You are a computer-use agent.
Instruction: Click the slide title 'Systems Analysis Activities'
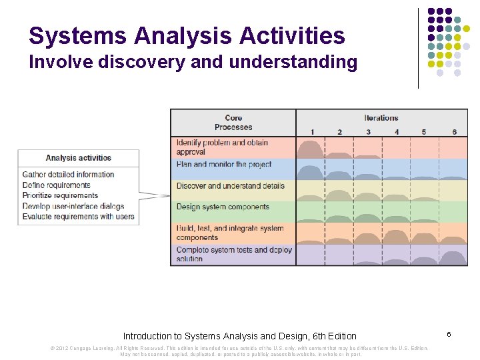[x=187, y=35]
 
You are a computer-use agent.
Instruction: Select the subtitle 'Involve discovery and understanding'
[x=193, y=63]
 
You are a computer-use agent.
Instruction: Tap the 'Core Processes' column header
[x=233, y=123]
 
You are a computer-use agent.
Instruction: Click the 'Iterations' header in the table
[x=381, y=118]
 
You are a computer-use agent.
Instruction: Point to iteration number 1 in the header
[x=311, y=132]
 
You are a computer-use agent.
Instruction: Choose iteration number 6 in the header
[x=454, y=132]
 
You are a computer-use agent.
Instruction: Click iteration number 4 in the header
[x=397, y=132]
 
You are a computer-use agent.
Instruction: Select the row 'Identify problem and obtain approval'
[x=222, y=147]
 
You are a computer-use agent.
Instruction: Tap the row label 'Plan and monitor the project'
[x=224, y=164]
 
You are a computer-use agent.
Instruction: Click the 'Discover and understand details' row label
[x=230, y=186]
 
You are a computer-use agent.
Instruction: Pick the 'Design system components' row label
[x=223, y=207]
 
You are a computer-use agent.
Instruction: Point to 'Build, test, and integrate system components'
[x=229, y=233]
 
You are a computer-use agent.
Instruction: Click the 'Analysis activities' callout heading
[x=79, y=158]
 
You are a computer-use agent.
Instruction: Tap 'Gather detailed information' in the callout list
[x=68, y=174]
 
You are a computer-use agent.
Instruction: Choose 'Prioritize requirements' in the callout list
[x=60, y=195]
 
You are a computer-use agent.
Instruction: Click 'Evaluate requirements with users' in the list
[x=78, y=217]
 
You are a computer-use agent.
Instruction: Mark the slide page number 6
[x=449, y=333]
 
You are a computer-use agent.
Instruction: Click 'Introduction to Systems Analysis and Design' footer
[x=239, y=336]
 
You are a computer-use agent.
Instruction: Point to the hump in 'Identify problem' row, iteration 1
[x=311, y=149]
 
